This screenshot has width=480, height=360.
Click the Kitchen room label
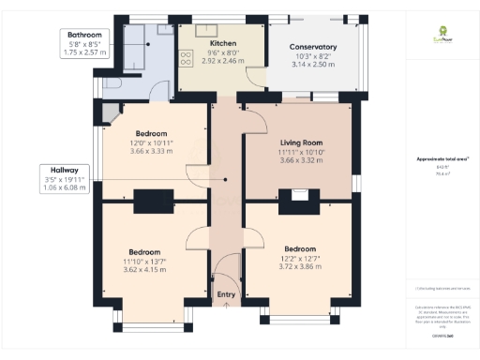[223, 43]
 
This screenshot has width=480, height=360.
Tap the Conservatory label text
[312, 47]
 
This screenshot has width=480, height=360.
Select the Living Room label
[300, 142]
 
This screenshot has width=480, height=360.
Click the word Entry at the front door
[226, 295]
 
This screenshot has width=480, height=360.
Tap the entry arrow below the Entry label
[226, 306]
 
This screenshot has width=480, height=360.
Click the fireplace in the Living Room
[299, 196]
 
